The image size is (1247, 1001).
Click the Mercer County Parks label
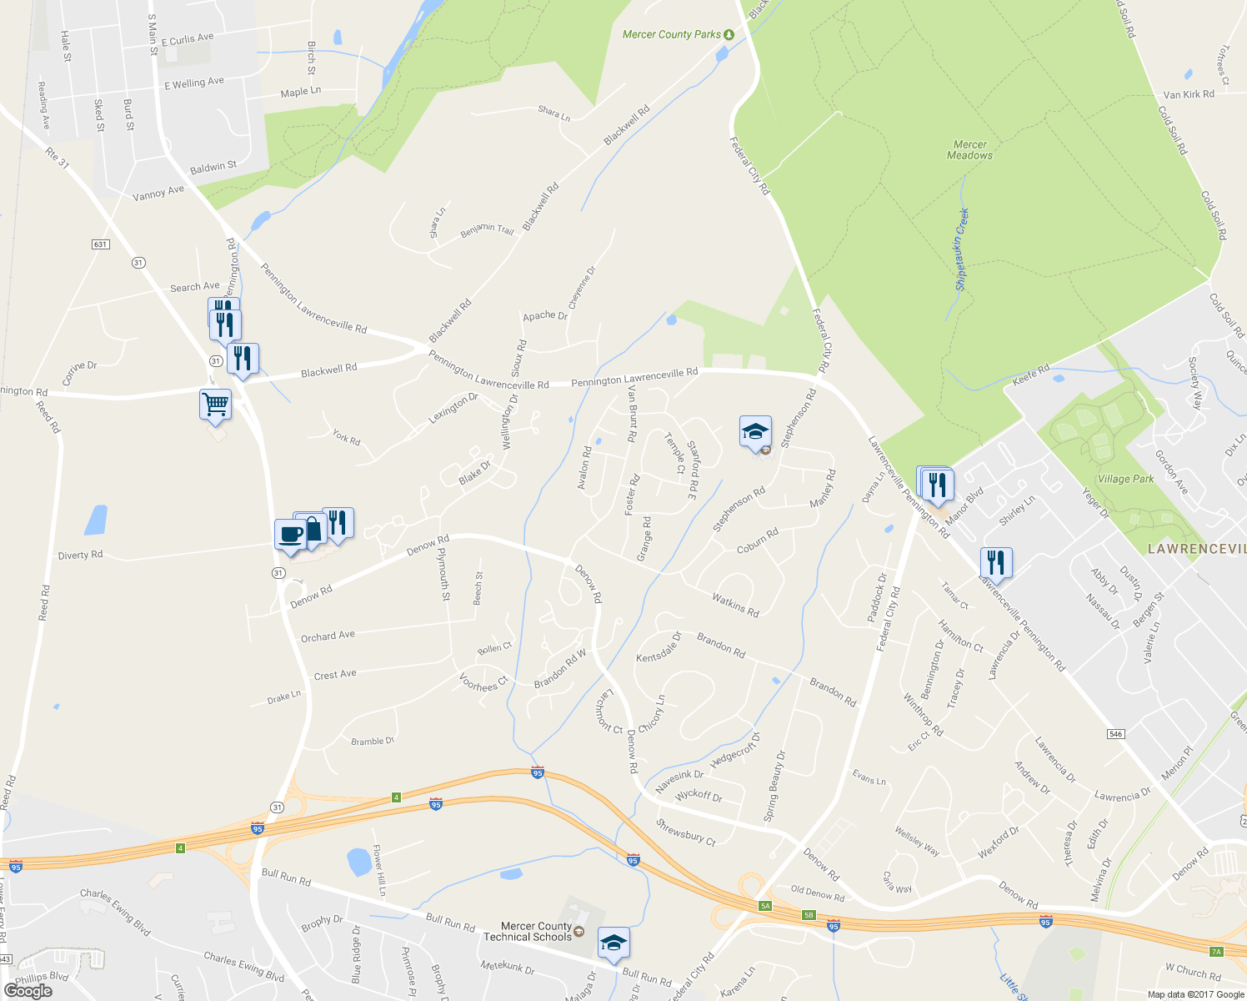672,34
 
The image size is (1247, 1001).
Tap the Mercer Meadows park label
969,150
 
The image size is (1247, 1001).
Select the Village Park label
1125,479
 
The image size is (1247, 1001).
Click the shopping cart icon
215,405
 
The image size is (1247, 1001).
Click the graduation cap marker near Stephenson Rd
755,432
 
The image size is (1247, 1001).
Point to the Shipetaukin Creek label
962,249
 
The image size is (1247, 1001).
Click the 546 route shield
1116,734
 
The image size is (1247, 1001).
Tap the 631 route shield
100,244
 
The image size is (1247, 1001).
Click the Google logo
28,990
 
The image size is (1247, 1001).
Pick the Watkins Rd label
735,605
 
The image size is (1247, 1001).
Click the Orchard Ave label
328,636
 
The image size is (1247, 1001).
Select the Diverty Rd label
80,555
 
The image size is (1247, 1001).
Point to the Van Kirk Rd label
1189,94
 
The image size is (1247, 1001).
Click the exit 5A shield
764,905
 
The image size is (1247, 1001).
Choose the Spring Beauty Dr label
774,786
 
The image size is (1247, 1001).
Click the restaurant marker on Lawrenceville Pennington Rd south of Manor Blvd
996,562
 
